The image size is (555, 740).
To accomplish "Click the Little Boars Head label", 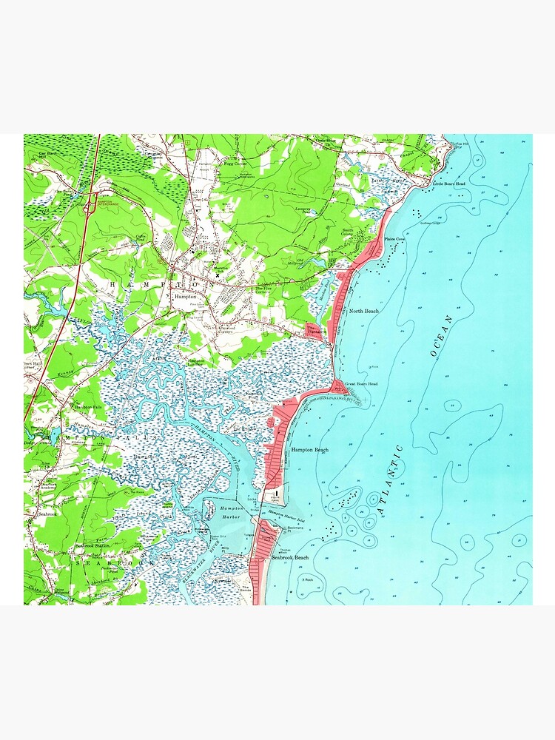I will (x=449, y=183).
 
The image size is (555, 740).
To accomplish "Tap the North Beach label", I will (x=363, y=312).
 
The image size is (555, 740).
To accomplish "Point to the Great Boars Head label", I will (x=361, y=384).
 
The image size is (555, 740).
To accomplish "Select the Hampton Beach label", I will (x=310, y=450).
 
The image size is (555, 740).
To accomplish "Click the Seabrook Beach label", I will (x=290, y=557).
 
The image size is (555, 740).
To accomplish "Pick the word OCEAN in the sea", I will (x=442, y=337).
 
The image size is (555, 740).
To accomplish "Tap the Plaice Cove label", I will (x=394, y=239).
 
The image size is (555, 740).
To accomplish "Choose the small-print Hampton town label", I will (x=185, y=296).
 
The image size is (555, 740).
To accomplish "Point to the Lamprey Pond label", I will (x=306, y=210).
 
